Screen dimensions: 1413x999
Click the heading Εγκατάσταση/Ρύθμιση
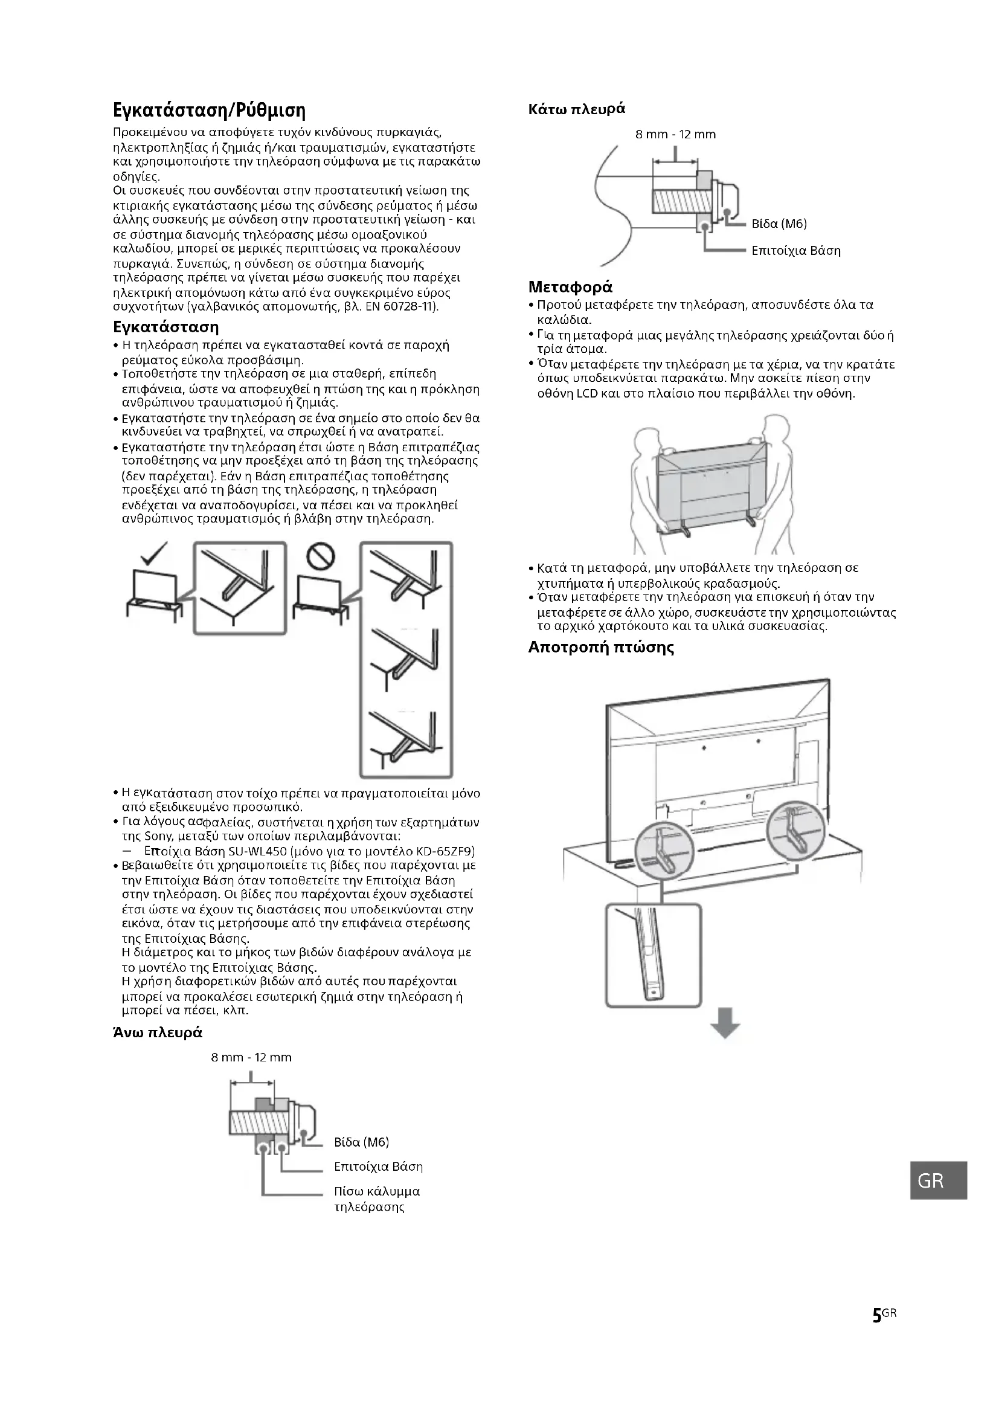(209, 111)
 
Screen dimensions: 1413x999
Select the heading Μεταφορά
(570, 288)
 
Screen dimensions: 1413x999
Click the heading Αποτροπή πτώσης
(601, 648)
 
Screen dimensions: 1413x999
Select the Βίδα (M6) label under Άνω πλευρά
(362, 1142)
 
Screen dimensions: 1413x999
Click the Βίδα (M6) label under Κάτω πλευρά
(779, 224)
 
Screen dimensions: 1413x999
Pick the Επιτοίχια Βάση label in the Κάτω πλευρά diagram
(796, 251)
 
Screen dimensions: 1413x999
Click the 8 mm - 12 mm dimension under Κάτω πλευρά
(675, 135)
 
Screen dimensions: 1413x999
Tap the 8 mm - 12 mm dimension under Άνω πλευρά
(251, 1058)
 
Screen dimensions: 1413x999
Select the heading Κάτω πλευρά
(576, 109)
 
